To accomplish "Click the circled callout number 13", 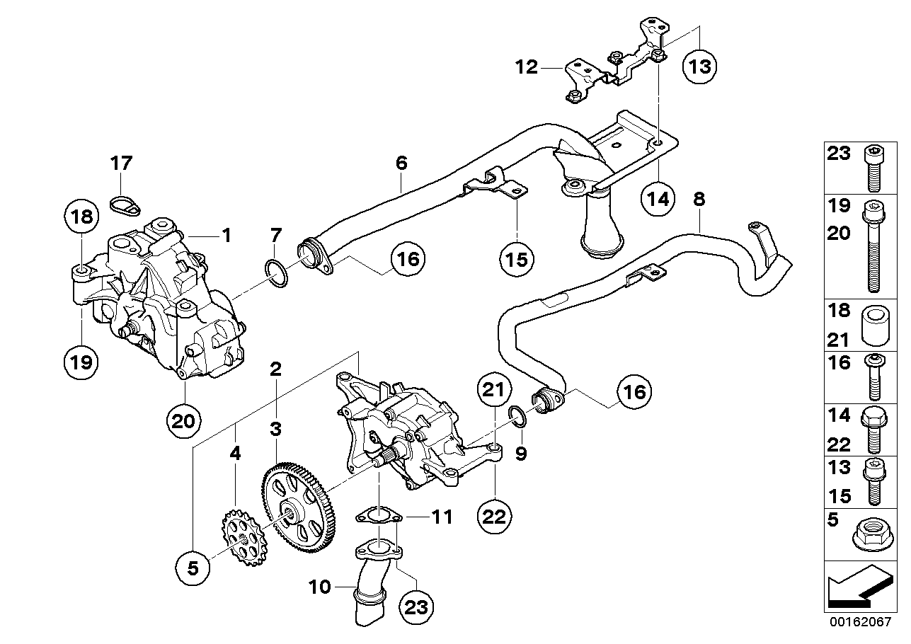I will pyautogui.click(x=699, y=67).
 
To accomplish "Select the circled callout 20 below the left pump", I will pyautogui.click(x=184, y=420).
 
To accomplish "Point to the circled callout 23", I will pyautogui.click(x=417, y=606).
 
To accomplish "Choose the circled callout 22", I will pyautogui.click(x=494, y=516).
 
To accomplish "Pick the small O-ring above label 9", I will pyautogui.click(x=517, y=418).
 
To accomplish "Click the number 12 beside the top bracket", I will pyautogui.click(x=527, y=67).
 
